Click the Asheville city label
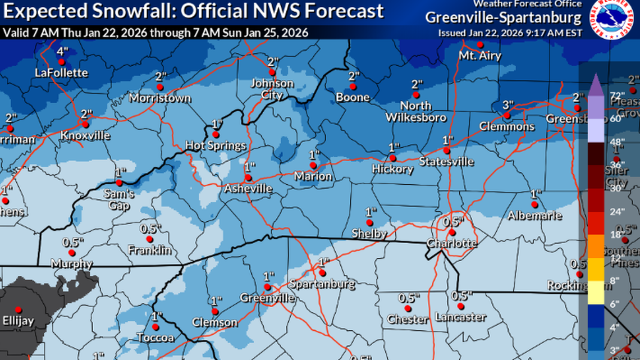tap(248, 189)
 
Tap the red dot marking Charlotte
tap(452, 232)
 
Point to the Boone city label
tap(353, 97)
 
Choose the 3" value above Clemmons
tap(508, 104)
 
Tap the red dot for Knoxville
tap(85, 125)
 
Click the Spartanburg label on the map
tap(322, 284)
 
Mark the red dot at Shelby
tap(369, 222)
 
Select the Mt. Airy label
tap(479, 56)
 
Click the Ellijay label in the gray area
tap(19, 321)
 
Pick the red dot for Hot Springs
tap(216, 135)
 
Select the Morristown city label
tap(160, 98)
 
